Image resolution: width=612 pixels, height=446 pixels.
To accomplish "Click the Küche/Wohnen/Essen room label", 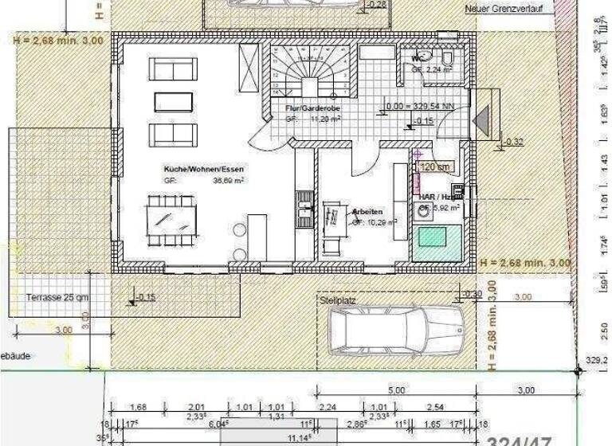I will coord(203,170).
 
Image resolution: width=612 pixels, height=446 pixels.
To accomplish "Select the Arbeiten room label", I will coord(367,212).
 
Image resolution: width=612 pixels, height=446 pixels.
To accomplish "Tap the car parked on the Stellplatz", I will coord(396,328).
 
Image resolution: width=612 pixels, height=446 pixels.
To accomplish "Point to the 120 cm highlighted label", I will coord(435,167).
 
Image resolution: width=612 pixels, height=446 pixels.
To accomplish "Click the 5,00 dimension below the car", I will coord(396,390).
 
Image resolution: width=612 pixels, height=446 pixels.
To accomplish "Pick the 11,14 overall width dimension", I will coord(297,437).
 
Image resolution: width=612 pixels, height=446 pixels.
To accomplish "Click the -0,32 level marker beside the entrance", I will coord(514,142).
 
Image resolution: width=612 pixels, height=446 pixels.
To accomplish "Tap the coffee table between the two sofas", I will coord(173,101).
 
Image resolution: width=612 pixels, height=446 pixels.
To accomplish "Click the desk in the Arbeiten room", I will coord(331,224).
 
